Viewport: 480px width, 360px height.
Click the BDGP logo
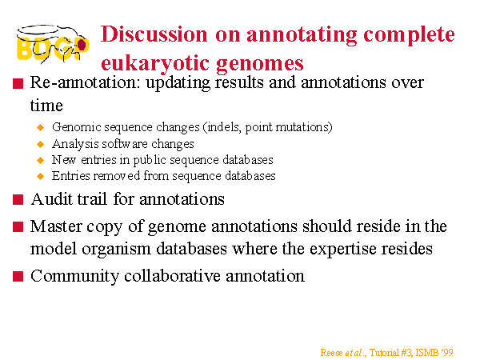click(53, 44)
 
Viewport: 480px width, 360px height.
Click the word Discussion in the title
click(154, 34)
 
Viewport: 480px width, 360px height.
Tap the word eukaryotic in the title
click(155, 64)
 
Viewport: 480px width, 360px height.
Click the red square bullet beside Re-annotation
click(18, 83)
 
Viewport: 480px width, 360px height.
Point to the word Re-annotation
click(85, 82)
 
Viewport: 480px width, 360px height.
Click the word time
click(46, 106)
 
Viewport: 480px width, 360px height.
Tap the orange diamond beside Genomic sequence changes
click(40, 127)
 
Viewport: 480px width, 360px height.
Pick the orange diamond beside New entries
click(40, 160)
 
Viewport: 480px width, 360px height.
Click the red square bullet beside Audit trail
click(18, 200)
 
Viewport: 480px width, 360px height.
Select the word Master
click(56, 226)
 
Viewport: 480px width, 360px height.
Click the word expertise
click(343, 250)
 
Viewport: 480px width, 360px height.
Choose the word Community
click(74, 277)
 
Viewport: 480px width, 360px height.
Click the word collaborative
click(172, 276)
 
